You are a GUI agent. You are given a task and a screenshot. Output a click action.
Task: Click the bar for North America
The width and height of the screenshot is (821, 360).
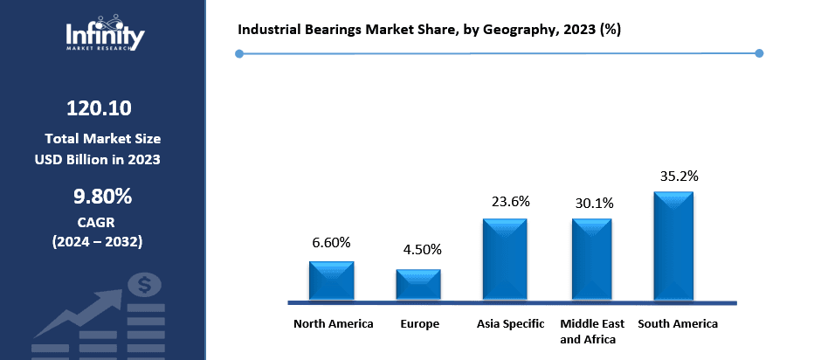click(331, 280)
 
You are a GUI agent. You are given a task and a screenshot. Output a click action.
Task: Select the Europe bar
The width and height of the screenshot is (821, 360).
click(418, 285)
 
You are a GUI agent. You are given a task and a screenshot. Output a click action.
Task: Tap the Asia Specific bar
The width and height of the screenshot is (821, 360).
click(506, 260)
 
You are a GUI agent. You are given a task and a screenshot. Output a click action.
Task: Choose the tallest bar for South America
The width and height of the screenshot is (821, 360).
click(673, 246)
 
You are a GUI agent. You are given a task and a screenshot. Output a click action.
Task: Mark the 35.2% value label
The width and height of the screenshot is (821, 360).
click(679, 175)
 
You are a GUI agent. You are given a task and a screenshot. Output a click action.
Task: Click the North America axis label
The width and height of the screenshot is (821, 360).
click(333, 324)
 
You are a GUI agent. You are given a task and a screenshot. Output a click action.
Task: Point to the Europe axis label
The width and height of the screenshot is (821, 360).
click(420, 324)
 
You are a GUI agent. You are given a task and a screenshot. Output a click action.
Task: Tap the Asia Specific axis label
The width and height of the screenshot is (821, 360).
click(510, 324)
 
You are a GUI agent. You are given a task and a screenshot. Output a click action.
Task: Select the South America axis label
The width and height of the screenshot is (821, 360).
click(678, 324)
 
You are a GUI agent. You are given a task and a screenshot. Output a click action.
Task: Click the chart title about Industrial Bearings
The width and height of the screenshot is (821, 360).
click(429, 29)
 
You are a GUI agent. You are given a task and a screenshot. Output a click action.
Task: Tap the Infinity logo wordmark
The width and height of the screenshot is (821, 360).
click(105, 35)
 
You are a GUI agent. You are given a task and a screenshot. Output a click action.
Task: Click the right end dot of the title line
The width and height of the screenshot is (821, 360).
click(759, 53)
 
